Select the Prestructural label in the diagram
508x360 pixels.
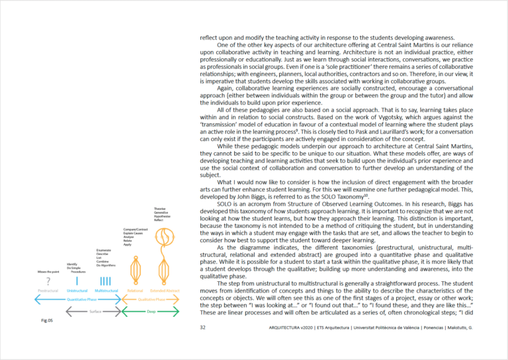coord(48,291)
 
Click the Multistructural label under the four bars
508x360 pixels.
coord(106,291)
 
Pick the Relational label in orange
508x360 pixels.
coord(135,291)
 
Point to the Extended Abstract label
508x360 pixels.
coord(165,291)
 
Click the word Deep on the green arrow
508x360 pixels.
coord(151,309)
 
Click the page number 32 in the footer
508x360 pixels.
coord(202,327)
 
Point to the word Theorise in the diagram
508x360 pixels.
coord(159,208)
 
